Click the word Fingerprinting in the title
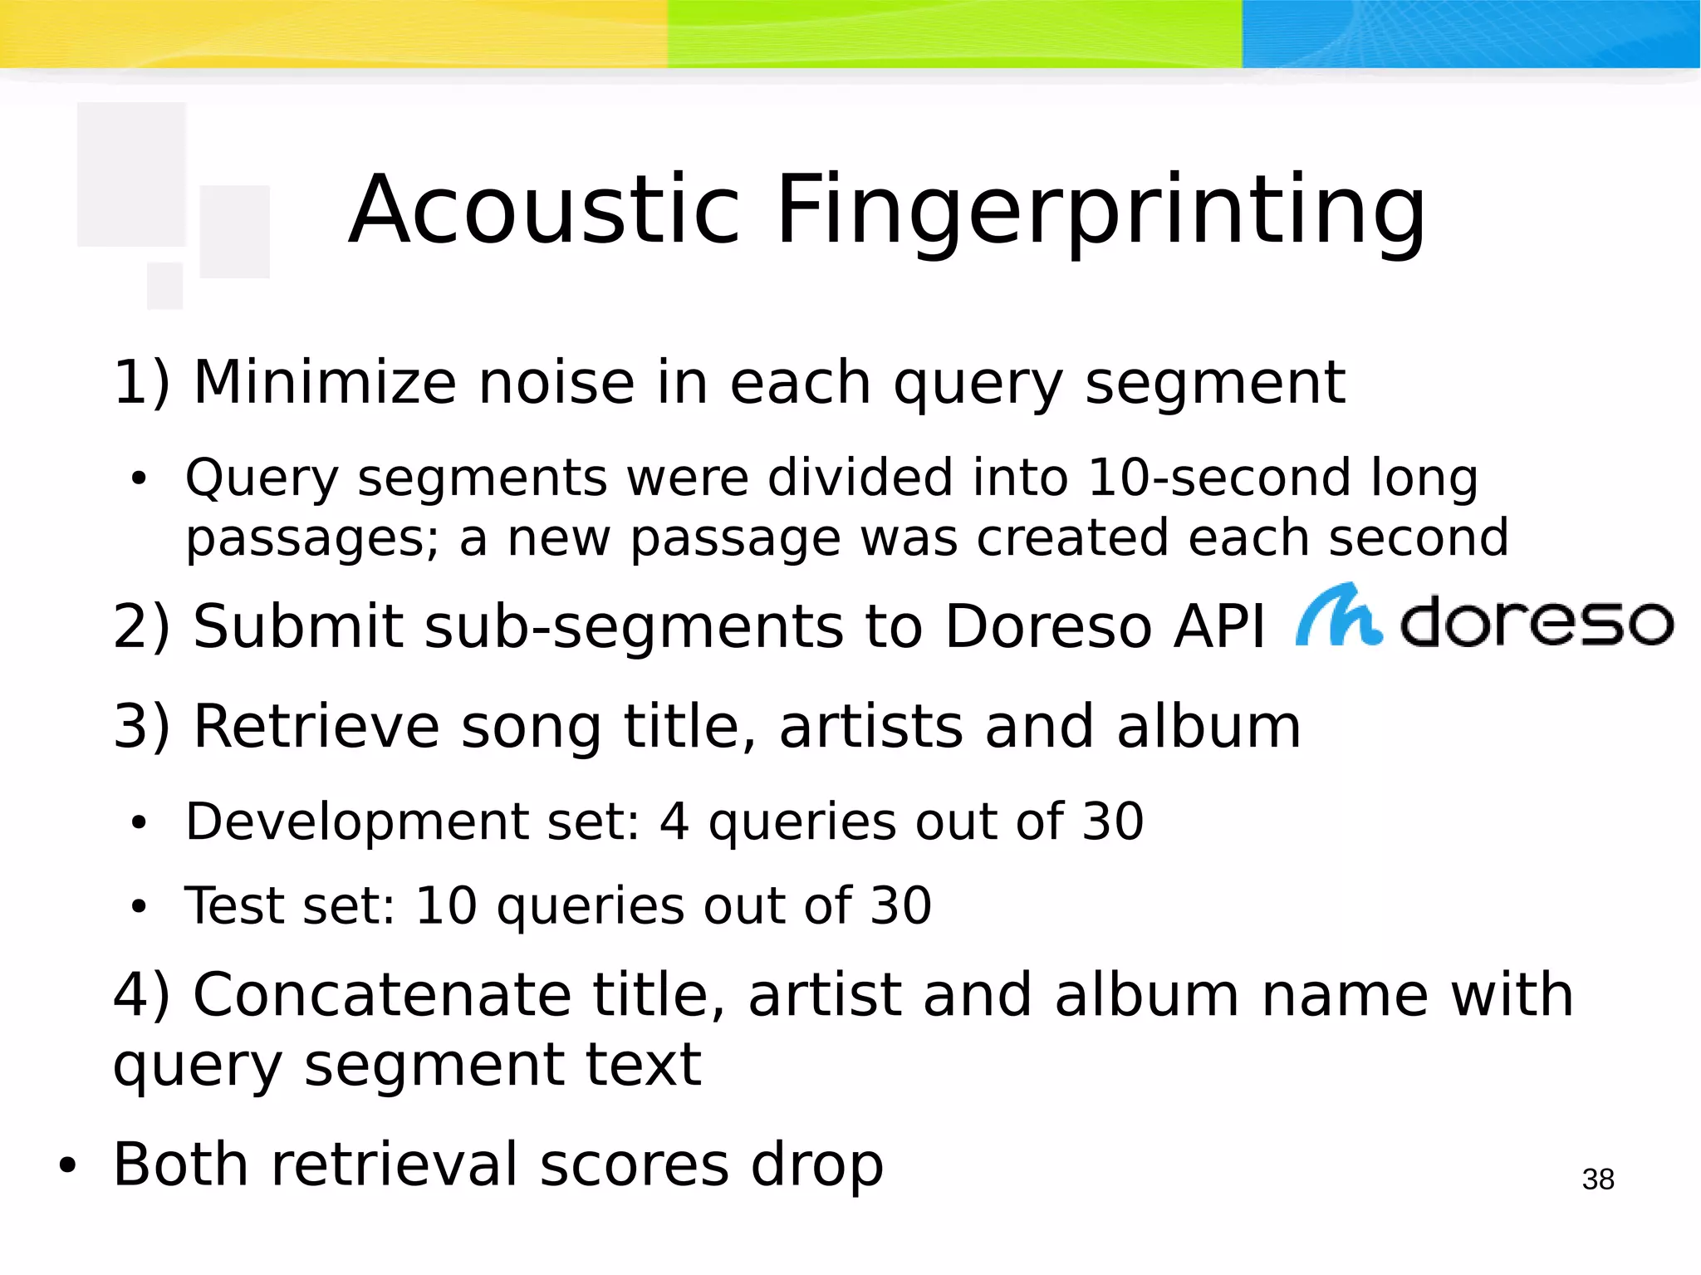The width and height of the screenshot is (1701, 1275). point(1100,212)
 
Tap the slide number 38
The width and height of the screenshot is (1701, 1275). point(1597,1179)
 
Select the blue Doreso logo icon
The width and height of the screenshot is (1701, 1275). point(1338,616)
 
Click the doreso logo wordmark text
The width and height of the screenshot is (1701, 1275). point(1537,622)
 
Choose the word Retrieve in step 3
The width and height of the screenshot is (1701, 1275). point(316,727)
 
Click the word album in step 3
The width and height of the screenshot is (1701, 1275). point(1208,727)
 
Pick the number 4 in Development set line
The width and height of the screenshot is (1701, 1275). point(674,822)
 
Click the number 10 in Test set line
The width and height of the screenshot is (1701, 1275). point(446,905)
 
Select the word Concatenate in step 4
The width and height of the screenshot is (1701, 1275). point(382,994)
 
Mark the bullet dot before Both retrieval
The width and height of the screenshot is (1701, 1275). point(67,1166)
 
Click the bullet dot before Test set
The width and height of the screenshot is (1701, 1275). point(138,907)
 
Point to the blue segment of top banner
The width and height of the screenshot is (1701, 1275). point(1470,33)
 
